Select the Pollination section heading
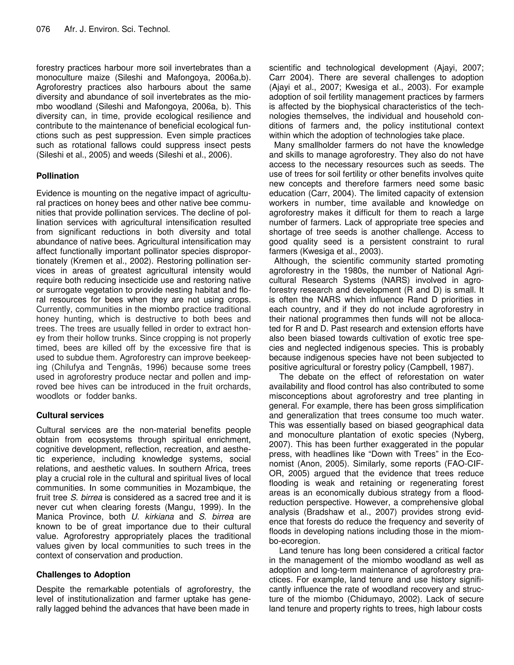tap(57, 176)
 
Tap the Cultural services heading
tap(70, 415)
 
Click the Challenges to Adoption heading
tap(83, 575)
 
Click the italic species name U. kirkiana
tap(153, 517)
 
